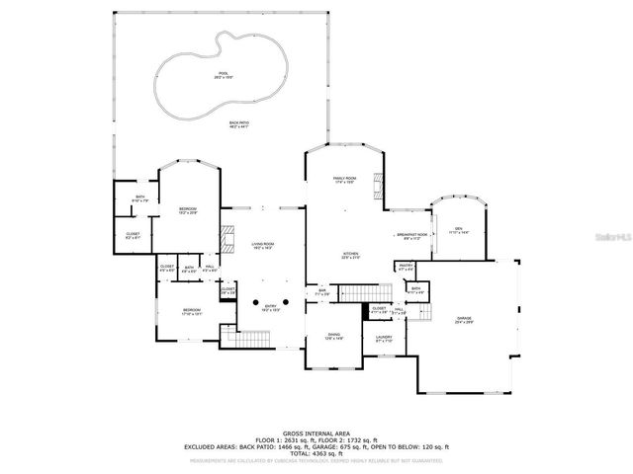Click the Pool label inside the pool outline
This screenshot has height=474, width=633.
[223, 75]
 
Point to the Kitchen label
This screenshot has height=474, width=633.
[351, 255]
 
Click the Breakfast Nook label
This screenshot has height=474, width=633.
[410, 236]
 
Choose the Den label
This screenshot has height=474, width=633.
[458, 230]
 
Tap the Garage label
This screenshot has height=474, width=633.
[464, 319]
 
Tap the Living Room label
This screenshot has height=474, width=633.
[262, 245]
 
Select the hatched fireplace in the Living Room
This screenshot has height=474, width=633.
[226, 240]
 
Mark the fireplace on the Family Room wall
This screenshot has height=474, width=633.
[376, 184]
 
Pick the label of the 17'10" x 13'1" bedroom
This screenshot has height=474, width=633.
[192, 312]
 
